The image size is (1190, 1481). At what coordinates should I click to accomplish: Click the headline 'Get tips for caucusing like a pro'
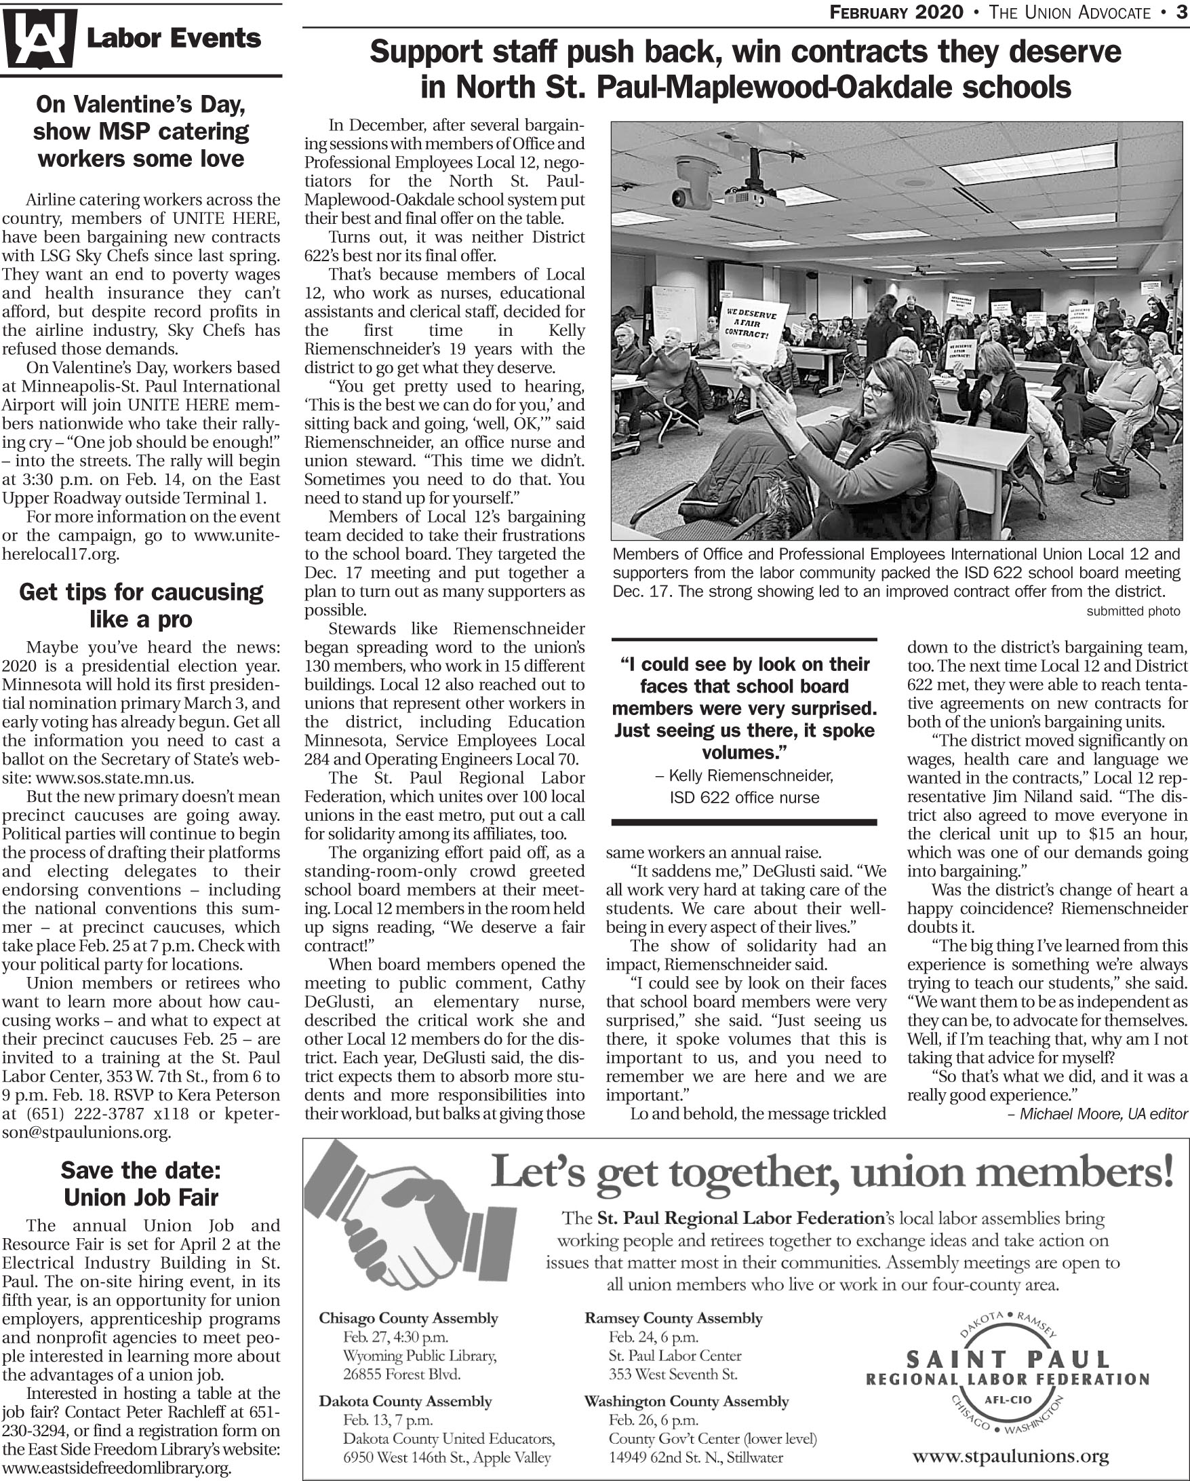[141, 605]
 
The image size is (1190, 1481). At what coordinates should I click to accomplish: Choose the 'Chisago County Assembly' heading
[408, 1317]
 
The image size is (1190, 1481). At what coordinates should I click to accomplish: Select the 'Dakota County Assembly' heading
[405, 1401]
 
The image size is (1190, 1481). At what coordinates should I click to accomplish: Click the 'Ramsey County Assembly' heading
[673, 1317]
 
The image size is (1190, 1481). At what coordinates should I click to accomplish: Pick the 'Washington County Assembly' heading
[686, 1401]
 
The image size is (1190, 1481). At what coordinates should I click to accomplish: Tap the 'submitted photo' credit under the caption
[1132, 611]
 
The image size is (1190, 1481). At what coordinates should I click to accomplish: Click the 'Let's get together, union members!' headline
[831, 1172]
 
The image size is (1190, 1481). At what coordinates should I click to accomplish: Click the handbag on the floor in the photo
[1111, 483]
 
